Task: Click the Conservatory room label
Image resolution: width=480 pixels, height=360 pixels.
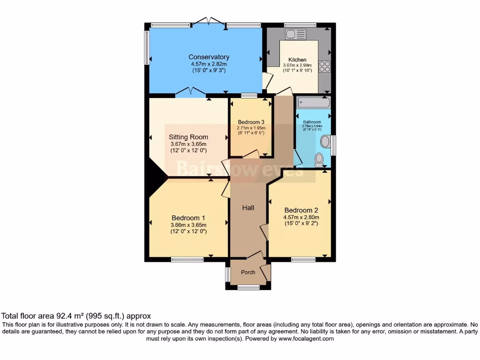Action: pyautogui.click(x=209, y=57)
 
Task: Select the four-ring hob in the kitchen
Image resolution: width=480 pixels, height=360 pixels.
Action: pyautogui.click(x=324, y=67)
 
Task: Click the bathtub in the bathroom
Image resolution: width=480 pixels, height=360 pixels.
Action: pyautogui.click(x=313, y=103)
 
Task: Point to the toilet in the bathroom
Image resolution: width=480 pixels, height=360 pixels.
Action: pyautogui.click(x=319, y=159)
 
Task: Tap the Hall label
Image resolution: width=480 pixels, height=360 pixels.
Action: pyautogui.click(x=248, y=207)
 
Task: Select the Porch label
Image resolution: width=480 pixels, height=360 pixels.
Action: pyautogui.click(x=248, y=272)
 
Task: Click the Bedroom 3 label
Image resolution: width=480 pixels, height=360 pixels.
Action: pyautogui.click(x=251, y=121)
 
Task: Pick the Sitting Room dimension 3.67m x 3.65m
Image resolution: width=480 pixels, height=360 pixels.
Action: pyautogui.click(x=188, y=144)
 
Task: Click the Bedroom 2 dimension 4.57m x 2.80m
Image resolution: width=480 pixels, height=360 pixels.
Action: pyautogui.click(x=301, y=217)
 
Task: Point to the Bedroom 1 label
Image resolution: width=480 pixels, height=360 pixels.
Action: pyautogui.click(x=188, y=218)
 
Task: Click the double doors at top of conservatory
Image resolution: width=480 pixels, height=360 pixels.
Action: pyautogui.click(x=209, y=21)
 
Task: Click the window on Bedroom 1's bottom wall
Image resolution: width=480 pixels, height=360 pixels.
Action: pyautogui.click(x=184, y=259)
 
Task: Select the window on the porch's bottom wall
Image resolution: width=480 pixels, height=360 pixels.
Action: pyautogui.click(x=248, y=287)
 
